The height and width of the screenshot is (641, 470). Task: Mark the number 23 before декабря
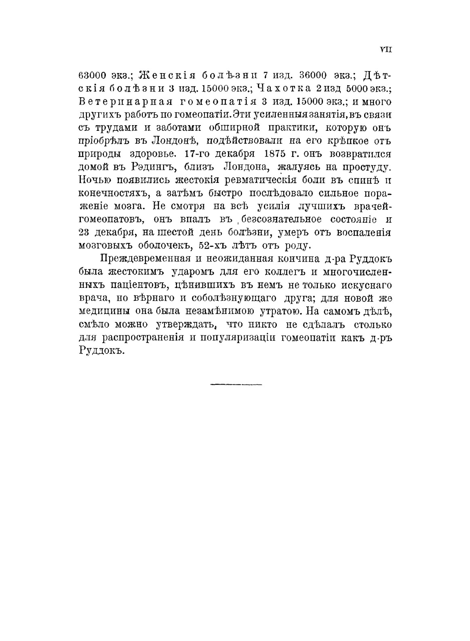click(84, 233)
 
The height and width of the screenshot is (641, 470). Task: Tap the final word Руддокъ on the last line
click(99, 350)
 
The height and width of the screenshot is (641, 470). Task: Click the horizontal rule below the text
click(236, 384)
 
